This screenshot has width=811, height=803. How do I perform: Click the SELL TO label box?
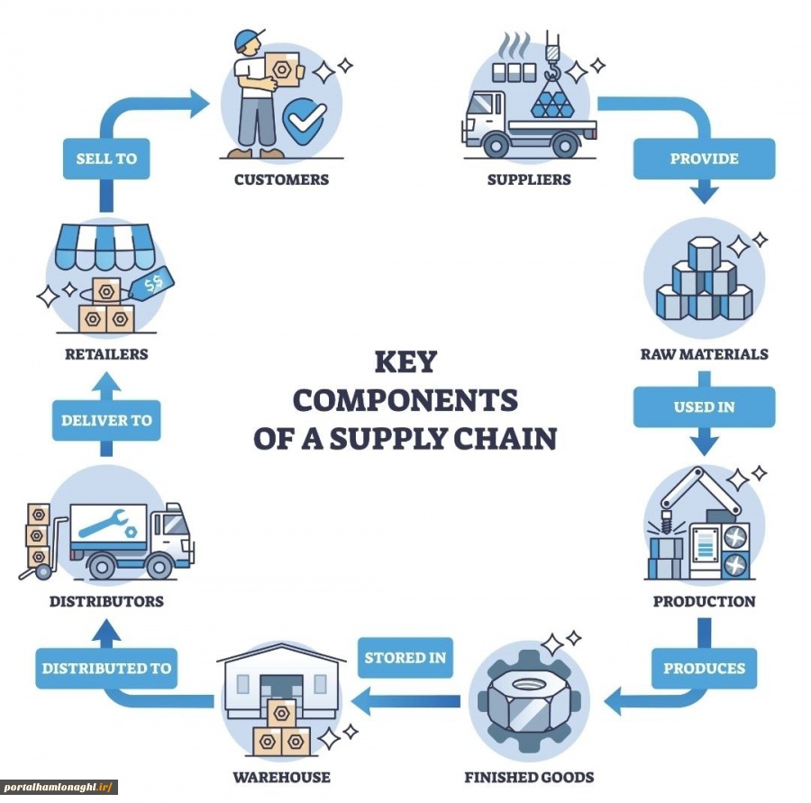pyautogui.click(x=106, y=159)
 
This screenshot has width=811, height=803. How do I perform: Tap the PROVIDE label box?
pyautogui.click(x=704, y=159)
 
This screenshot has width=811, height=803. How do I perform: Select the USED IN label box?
pyautogui.click(x=704, y=406)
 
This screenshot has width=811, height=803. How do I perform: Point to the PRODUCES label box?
pyautogui.click(x=704, y=668)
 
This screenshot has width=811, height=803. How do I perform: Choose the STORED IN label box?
pyautogui.click(x=405, y=657)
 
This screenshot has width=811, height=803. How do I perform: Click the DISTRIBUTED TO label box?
pyautogui.click(x=106, y=668)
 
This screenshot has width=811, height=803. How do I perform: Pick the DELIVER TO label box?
pyautogui.click(x=106, y=420)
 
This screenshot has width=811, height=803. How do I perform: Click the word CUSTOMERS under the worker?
pyautogui.click(x=281, y=179)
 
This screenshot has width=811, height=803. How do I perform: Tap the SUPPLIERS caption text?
pyautogui.click(x=529, y=179)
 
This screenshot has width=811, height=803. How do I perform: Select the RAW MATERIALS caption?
pyautogui.click(x=704, y=354)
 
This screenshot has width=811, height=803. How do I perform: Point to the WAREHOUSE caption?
pyautogui.click(x=281, y=777)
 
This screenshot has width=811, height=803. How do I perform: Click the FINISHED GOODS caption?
pyautogui.click(x=529, y=777)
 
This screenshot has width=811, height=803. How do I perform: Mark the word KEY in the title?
pyautogui.click(x=405, y=362)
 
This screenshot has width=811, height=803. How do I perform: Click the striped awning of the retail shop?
pyautogui.click(x=106, y=245)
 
